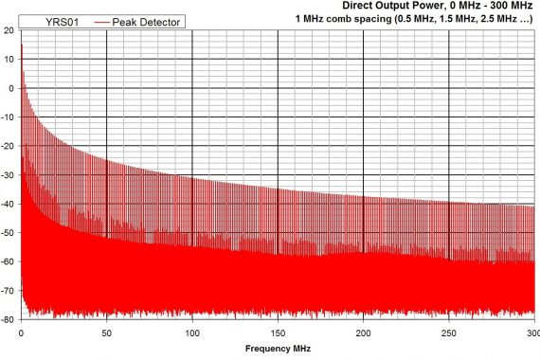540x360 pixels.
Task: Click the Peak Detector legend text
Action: pyautogui.click(x=147, y=21)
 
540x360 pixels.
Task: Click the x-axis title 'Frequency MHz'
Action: pyautogui.click(x=278, y=349)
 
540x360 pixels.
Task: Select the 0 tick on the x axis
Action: pyautogui.click(x=21, y=333)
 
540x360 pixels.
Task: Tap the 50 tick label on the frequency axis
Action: pyautogui.click(x=107, y=333)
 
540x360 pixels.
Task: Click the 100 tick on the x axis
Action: pyautogui.click(x=192, y=333)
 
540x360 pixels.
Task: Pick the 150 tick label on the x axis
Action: pyautogui.click(x=278, y=333)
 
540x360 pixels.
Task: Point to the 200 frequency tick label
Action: pyautogui.click(x=364, y=333)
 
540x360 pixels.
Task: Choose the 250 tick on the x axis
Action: pyautogui.click(x=449, y=333)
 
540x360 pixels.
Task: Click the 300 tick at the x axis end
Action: pyautogui.click(x=531, y=333)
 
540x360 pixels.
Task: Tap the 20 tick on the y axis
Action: pyautogui.click(x=9, y=30)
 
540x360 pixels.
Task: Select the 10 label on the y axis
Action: pyautogui.click(x=9, y=60)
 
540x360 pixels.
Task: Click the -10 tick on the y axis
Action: pyautogui.click(x=8, y=117)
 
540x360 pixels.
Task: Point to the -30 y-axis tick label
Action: pyautogui.click(x=8, y=175)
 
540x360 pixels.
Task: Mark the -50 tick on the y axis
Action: pyautogui.click(x=8, y=233)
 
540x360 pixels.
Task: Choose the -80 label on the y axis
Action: pyautogui.click(x=8, y=319)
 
